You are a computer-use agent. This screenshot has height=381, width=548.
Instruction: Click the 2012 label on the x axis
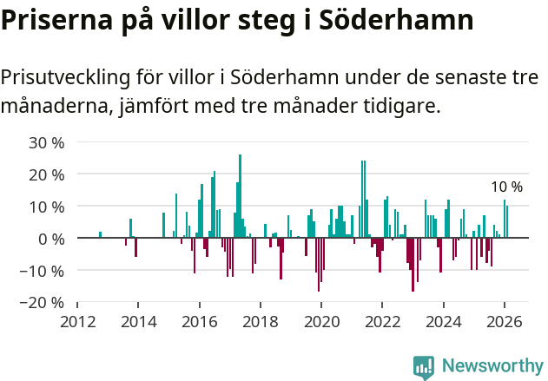77,321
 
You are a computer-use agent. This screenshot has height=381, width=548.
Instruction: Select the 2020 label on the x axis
321,321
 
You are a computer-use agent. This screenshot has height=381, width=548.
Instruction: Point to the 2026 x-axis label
505,321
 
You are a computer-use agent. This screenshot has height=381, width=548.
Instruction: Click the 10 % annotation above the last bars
506,187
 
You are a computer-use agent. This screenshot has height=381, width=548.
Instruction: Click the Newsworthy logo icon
424,367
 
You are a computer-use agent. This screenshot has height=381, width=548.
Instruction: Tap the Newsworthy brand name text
492,366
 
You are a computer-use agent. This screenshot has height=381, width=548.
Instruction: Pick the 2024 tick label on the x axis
444,321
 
